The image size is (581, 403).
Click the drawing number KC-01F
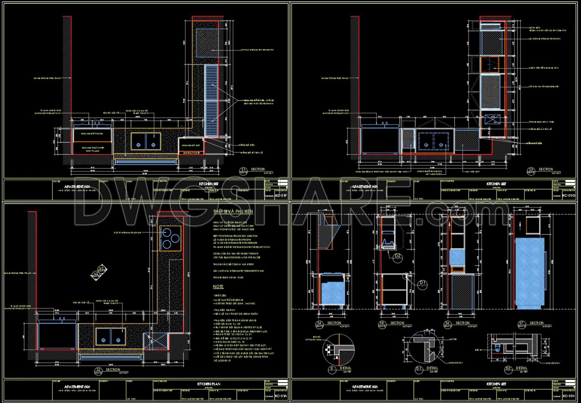281,196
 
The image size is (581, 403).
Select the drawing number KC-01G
568,196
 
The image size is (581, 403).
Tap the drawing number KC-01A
281,396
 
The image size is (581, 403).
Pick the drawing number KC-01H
568,396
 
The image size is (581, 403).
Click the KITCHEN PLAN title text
209,384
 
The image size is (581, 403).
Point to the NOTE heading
218,287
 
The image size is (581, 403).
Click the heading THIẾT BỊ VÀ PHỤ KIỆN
233,212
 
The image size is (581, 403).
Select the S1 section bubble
244,171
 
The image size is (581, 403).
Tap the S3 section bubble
531,171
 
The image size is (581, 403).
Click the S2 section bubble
98,371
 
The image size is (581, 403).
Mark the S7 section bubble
521,324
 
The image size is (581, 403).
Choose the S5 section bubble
382,324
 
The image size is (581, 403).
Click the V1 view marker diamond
101,269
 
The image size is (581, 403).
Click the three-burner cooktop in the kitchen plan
170,238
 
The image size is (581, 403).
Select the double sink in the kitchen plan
110,336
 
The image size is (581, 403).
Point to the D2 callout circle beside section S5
398,257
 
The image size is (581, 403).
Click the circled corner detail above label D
339,349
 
